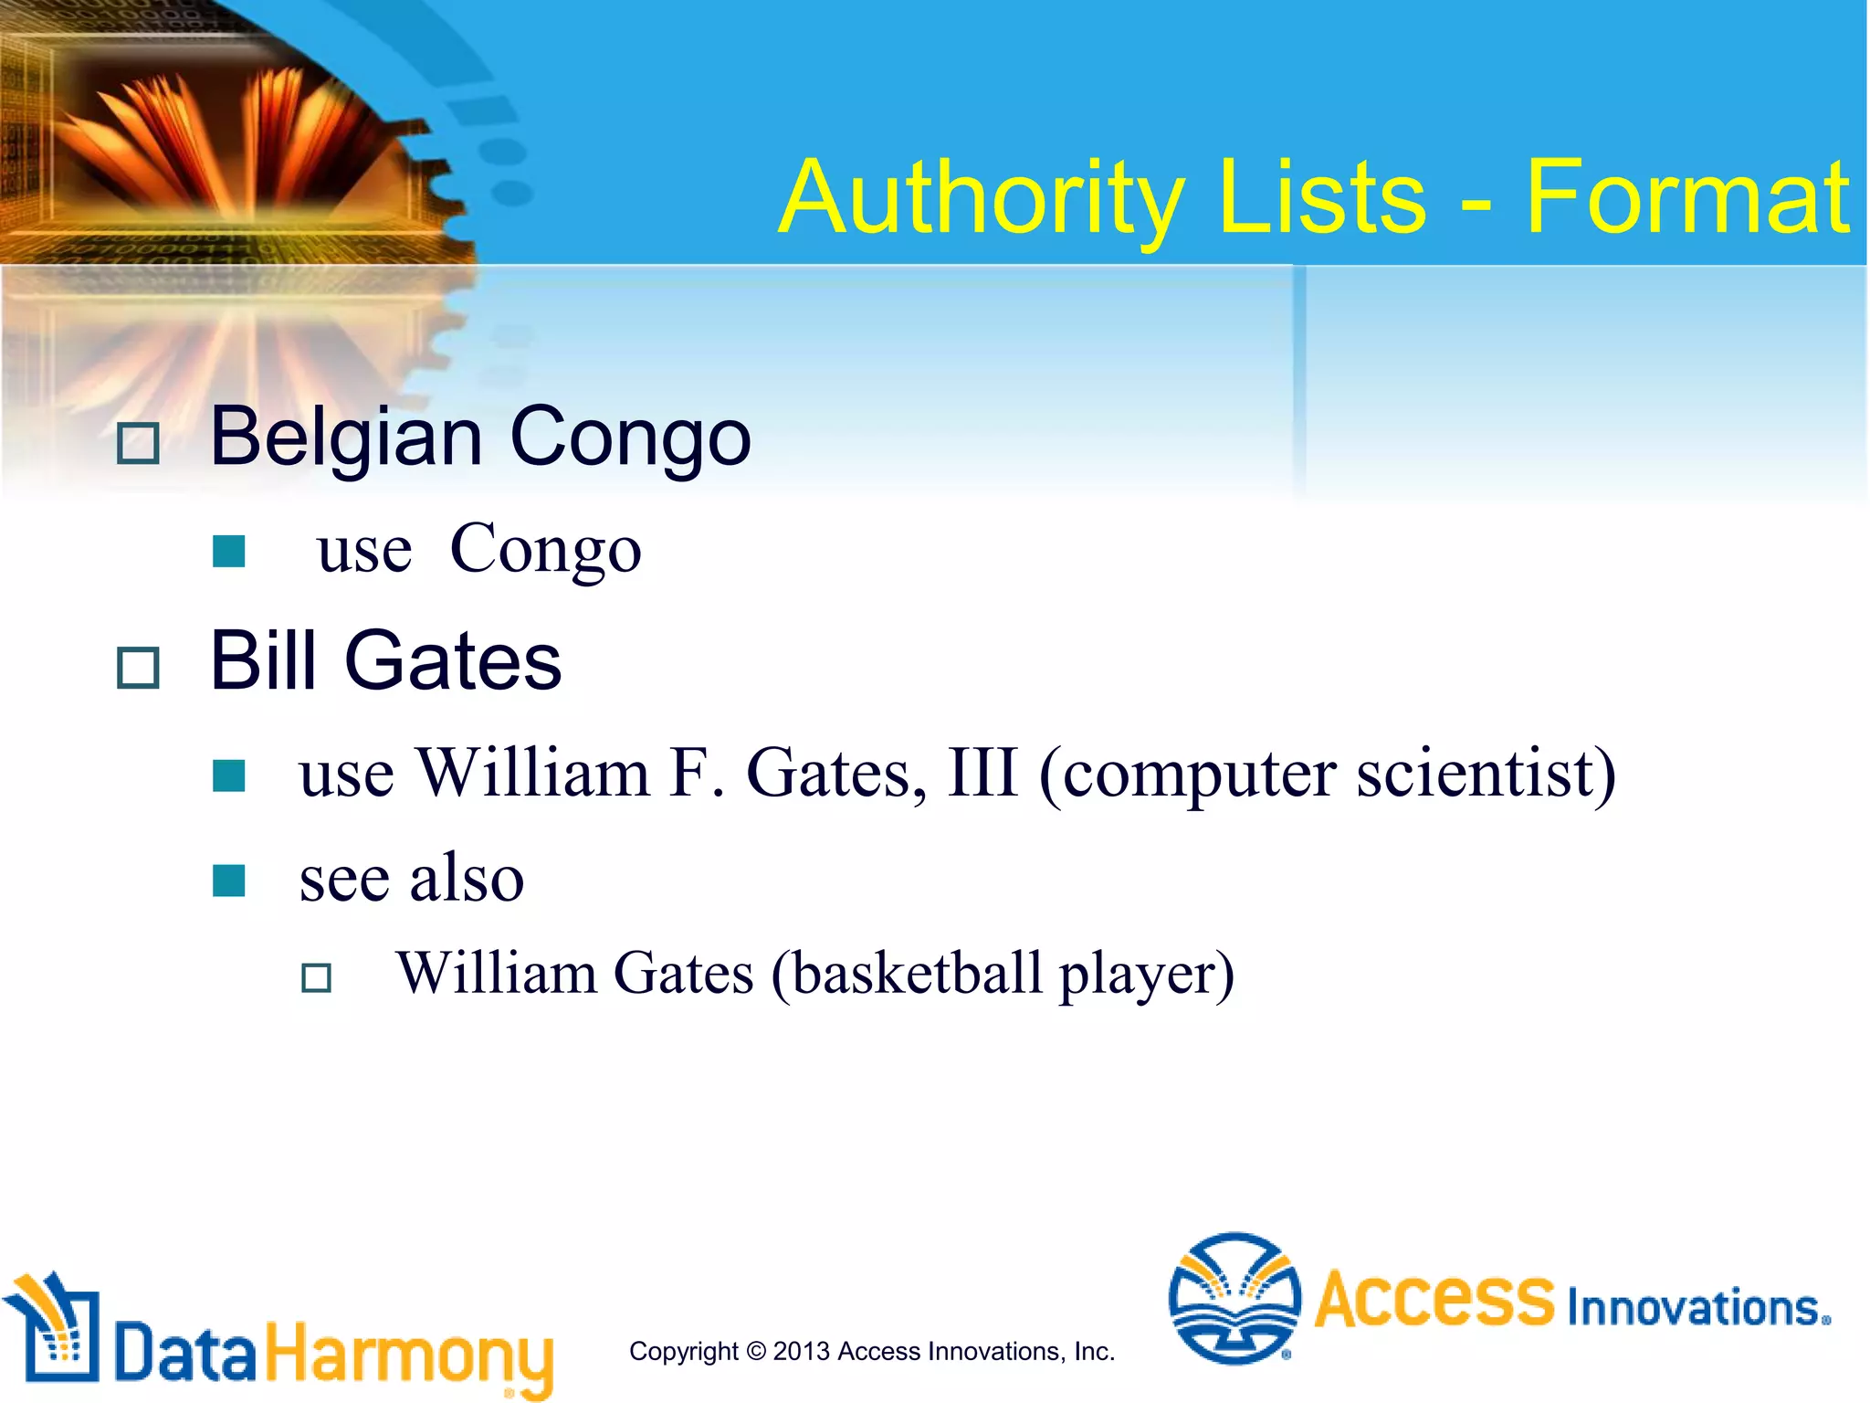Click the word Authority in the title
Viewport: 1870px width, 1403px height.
(982, 198)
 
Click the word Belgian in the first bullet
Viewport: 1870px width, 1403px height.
(346, 438)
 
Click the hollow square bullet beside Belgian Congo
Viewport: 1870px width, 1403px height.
(139, 444)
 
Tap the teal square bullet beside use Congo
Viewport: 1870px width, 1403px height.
(228, 552)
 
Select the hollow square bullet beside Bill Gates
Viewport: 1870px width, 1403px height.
(139, 668)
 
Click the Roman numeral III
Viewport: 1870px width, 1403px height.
(982, 774)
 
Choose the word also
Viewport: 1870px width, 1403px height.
(467, 878)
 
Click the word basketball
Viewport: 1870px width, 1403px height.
(917, 973)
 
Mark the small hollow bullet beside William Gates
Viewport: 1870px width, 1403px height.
(316, 978)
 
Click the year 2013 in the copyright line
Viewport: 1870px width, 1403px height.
(801, 1351)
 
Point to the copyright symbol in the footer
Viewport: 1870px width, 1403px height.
(756, 1351)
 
